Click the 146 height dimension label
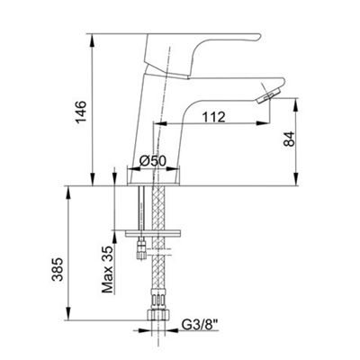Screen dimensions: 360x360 (81, 112)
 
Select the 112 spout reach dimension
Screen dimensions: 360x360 (213, 117)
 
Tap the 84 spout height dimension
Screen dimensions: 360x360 (290, 139)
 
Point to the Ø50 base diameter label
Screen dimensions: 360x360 (153, 161)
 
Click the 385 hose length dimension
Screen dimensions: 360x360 (57, 269)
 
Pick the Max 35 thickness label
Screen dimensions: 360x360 (107, 269)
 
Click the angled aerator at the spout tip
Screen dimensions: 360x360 (269, 95)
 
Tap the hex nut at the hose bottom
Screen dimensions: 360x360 (158, 314)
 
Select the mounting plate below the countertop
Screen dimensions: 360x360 (153, 233)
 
